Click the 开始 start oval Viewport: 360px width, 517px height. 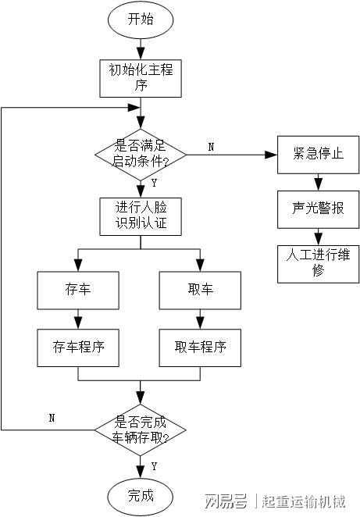pyautogui.click(x=141, y=19)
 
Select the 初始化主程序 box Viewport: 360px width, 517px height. pyautogui.click(x=141, y=78)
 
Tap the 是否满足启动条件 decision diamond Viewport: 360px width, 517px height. pyautogui.click(x=141, y=155)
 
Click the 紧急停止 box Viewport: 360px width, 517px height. pyautogui.click(x=318, y=155)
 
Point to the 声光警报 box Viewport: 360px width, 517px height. pyautogui.click(x=318, y=209)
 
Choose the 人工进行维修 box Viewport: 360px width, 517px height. pyautogui.click(x=318, y=264)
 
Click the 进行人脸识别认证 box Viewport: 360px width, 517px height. pyautogui.click(x=141, y=216)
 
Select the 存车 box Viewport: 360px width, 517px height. pyautogui.click(x=78, y=291)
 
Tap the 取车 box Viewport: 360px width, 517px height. pyautogui.click(x=200, y=291)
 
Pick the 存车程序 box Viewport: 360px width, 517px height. pyautogui.click(x=78, y=348)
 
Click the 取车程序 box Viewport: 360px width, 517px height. pyautogui.click(x=200, y=348)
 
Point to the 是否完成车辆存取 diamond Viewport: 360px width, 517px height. pyautogui.click(x=141, y=430)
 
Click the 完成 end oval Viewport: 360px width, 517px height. pyautogui.click(x=141, y=497)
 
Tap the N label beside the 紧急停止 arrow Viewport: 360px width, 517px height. pyautogui.click(x=212, y=147)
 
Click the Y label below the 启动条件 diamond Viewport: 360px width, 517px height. pyautogui.click(x=154, y=183)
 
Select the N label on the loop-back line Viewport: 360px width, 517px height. pyautogui.click(x=52, y=418)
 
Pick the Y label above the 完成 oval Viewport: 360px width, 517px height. pyautogui.click(x=154, y=466)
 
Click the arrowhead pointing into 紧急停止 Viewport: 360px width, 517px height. pyautogui.click(x=271, y=155)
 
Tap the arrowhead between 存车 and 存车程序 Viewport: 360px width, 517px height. pyautogui.click(x=78, y=323)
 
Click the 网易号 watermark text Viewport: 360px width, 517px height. pyautogui.click(x=226, y=501)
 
